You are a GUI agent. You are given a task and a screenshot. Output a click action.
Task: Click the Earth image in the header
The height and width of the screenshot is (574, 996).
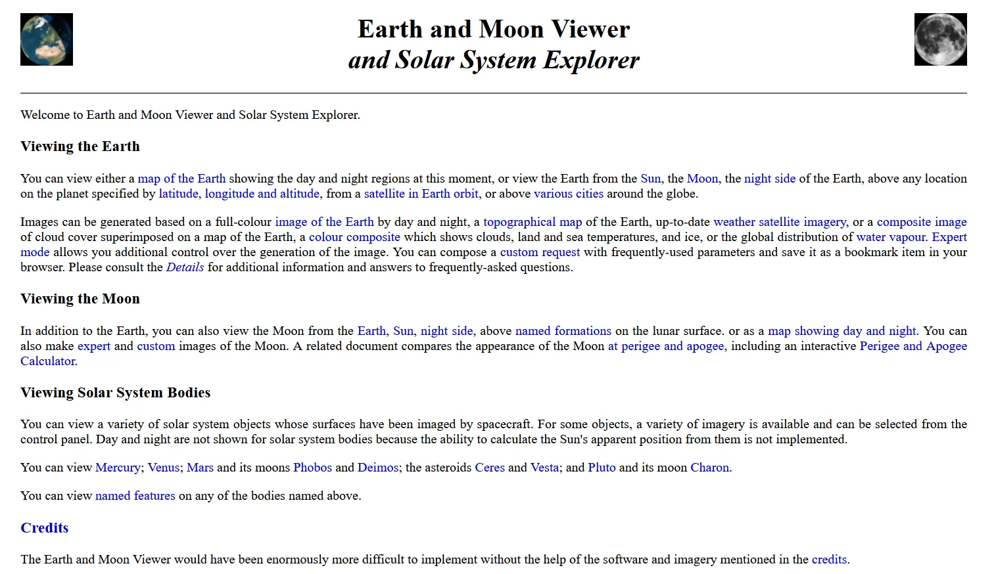47,39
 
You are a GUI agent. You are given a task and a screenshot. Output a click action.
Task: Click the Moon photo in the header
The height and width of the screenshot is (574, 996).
940,39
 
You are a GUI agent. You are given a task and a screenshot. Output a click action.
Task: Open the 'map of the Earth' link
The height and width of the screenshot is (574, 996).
181,179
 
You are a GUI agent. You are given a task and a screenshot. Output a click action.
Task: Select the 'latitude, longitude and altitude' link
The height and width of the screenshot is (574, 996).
239,194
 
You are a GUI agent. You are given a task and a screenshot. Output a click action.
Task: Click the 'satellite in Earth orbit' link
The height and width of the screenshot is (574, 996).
421,194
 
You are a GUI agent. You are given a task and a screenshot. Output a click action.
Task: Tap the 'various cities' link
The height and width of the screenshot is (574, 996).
568,194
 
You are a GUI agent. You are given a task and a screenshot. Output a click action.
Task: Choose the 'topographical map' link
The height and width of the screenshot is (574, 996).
533,222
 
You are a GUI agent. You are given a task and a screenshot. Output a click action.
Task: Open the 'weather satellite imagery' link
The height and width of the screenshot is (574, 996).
779,222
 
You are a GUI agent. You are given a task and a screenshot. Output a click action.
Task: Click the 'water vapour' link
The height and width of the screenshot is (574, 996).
890,237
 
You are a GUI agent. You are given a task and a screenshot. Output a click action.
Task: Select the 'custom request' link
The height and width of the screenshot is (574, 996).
540,252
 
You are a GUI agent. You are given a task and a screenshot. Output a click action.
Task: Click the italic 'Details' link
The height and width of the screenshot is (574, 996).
185,267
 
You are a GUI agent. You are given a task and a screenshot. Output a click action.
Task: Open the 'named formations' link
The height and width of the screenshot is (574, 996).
563,331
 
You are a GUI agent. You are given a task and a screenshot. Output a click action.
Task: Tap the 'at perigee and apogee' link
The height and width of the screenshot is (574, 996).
665,346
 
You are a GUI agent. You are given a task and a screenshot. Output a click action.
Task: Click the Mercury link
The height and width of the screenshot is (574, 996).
118,468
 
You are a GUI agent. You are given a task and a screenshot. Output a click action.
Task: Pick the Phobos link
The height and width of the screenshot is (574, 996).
312,468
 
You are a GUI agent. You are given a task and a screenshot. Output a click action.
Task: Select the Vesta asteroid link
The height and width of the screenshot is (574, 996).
544,468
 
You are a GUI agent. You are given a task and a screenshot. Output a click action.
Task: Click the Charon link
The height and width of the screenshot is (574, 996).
709,468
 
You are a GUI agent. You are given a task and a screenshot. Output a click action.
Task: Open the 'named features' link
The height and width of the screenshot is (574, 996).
135,496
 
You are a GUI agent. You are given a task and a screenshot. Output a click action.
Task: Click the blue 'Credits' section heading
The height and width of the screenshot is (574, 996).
44,528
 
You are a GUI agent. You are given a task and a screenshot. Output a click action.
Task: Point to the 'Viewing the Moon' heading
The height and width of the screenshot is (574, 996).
80,299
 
